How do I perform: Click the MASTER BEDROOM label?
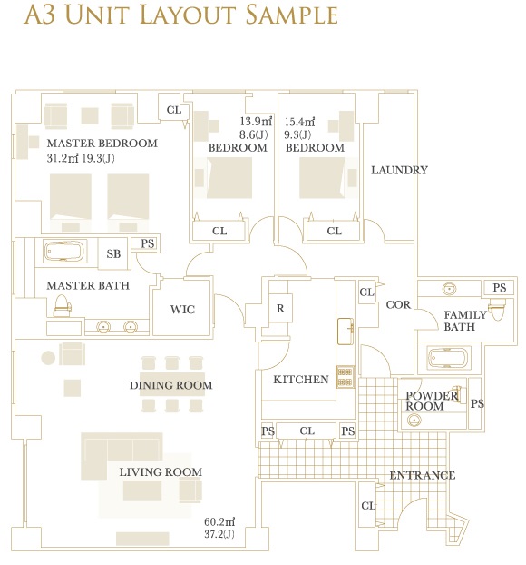point(102,143)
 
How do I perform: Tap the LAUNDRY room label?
point(399,170)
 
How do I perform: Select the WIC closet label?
point(183,310)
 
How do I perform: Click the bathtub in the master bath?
point(64,251)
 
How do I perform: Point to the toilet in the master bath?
point(62,306)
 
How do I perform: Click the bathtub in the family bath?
point(448,358)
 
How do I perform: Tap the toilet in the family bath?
point(498,311)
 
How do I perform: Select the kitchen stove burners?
point(346,377)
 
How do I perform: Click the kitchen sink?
point(346,332)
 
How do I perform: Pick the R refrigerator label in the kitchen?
point(280,309)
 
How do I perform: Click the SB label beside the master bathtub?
point(113,254)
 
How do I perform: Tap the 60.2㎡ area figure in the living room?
point(219,521)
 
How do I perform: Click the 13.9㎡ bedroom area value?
point(256,122)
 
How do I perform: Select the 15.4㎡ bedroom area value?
point(299,122)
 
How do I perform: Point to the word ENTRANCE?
point(423,476)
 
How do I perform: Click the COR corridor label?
point(398,305)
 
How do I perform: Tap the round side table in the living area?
point(48,358)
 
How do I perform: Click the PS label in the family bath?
point(500,288)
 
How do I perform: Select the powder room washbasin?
point(414,421)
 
